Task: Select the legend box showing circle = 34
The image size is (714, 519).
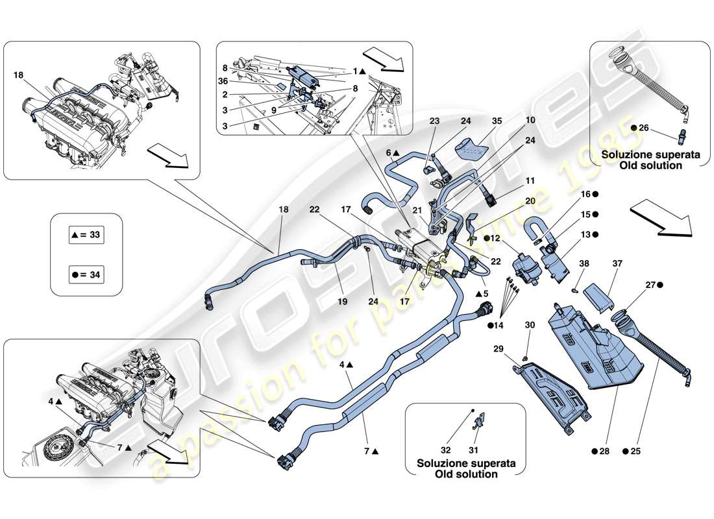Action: click(86, 274)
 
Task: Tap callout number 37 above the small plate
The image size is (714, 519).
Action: click(617, 263)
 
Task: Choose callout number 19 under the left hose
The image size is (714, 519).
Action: click(341, 301)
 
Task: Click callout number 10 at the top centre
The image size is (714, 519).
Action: click(530, 121)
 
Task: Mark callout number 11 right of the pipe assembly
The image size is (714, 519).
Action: click(530, 181)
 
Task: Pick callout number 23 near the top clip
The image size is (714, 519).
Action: click(434, 121)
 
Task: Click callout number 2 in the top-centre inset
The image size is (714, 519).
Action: click(225, 93)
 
